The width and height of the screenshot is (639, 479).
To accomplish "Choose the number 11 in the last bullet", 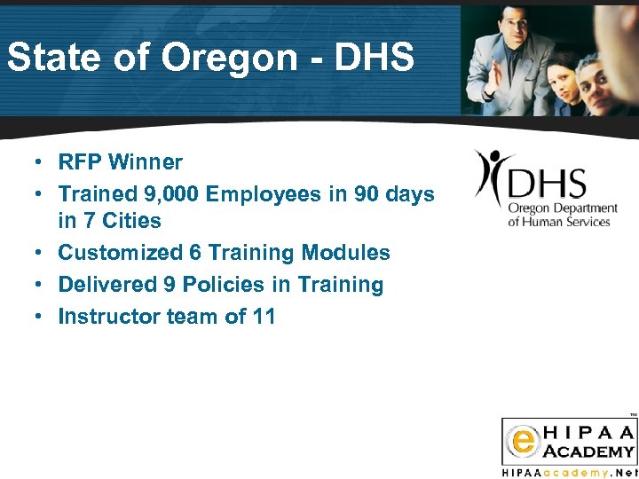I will (264, 317).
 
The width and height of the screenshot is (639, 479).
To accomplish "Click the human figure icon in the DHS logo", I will (491, 176).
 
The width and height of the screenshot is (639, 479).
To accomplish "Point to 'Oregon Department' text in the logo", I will (562, 208).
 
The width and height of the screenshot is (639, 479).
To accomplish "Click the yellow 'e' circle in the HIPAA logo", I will (519, 441).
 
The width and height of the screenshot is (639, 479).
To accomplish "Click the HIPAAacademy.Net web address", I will (569, 472).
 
